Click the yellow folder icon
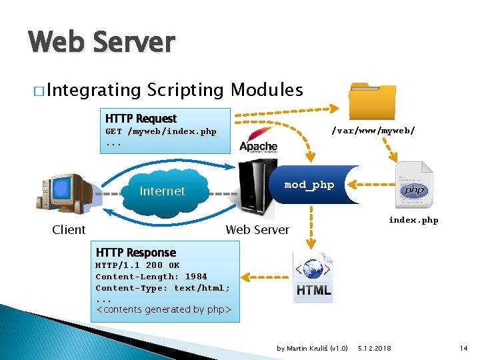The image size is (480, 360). tap(373, 101)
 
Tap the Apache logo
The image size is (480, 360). tap(258, 141)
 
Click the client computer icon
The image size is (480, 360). tap(65, 191)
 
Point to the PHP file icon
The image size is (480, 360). tap(414, 185)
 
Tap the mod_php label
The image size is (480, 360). tap(309, 185)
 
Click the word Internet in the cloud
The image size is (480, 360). tap(162, 191)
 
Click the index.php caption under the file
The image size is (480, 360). tap(413, 220)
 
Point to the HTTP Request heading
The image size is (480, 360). tap(141, 119)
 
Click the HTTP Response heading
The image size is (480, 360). tap(136, 253)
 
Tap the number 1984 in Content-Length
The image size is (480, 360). tap(196, 276)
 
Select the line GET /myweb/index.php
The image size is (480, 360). tap(161, 131)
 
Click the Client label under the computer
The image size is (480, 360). tap(69, 230)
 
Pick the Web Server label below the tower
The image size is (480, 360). tap(257, 230)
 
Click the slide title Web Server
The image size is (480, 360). tap(101, 43)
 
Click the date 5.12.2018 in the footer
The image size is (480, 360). tap(375, 348)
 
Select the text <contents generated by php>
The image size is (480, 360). tap(163, 309)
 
